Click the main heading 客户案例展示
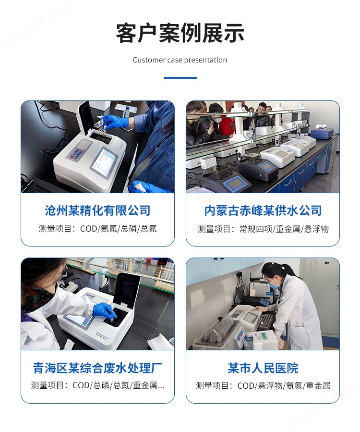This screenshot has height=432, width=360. tap(180, 33)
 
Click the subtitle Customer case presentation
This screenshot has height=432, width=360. tap(180, 60)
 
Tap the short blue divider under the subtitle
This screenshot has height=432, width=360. tap(180, 78)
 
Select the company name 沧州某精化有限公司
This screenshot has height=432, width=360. tap(98, 211)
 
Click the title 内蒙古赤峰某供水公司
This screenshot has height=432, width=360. tap(263, 211)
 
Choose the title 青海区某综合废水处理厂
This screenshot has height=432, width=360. tap(98, 368)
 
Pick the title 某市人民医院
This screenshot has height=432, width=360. tap(263, 368)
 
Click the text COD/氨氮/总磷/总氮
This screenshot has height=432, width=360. tap(119, 229)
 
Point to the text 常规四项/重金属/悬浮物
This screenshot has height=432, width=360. tap(284, 229)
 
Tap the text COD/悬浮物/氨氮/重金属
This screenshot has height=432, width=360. tap(284, 386)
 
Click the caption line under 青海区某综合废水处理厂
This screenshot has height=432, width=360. tap(98, 386)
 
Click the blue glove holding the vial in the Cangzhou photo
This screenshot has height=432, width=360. tap(115, 122)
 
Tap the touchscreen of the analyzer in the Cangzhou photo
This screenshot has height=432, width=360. tap(104, 162)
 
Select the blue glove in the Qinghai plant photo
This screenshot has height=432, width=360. tap(104, 311)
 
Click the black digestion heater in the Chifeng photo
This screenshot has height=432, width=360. tap(258, 168)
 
